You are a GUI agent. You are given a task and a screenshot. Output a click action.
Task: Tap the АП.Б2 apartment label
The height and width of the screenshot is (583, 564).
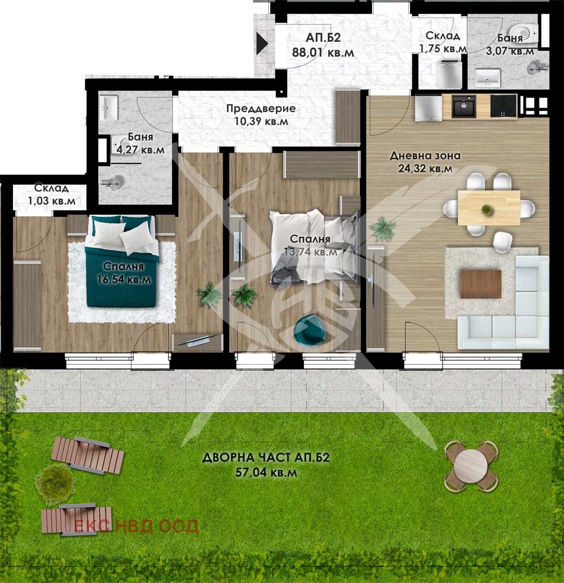(323, 38)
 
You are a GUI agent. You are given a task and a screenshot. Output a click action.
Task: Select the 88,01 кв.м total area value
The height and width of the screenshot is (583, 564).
(323, 52)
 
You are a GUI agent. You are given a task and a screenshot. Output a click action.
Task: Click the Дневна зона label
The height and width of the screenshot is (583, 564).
(426, 156)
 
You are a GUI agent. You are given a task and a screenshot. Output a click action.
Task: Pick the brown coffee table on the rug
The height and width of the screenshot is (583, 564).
(481, 284)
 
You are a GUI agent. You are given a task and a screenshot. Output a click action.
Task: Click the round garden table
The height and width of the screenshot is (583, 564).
(471, 466)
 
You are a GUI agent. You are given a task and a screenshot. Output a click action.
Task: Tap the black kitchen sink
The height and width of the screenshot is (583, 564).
(465, 106)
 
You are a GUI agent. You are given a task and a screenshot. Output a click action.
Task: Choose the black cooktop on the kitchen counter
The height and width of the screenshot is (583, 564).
(503, 106)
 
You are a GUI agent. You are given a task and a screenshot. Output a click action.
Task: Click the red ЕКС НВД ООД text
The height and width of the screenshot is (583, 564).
(136, 527)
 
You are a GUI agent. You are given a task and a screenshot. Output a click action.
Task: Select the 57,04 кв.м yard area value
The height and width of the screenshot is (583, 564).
(266, 473)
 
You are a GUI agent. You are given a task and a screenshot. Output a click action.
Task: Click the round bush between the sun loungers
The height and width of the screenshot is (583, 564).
(55, 484)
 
